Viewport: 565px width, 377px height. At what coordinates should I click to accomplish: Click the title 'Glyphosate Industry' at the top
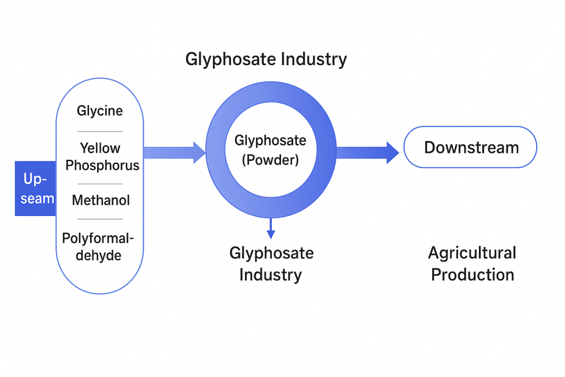click(x=266, y=59)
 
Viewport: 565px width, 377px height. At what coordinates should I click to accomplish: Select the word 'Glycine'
click(x=100, y=111)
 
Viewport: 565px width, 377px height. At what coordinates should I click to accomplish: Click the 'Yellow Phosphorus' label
click(x=102, y=156)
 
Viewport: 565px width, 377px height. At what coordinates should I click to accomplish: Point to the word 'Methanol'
click(x=101, y=200)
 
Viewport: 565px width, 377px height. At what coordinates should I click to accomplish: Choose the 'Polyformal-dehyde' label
click(x=99, y=247)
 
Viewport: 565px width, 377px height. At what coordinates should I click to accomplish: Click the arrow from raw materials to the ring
click(x=174, y=152)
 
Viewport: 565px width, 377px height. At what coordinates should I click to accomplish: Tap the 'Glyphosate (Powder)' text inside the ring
click(x=270, y=150)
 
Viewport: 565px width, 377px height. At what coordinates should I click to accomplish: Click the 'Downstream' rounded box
click(x=470, y=147)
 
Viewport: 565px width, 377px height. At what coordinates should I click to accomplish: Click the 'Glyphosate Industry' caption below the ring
click(x=271, y=263)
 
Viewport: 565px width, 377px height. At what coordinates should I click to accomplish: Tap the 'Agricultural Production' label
click(x=472, y=263)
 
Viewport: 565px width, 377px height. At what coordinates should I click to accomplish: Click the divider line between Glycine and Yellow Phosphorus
click(x=100, y=131)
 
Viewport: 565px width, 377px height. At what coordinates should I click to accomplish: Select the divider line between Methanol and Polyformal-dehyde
click(x=100, y=219)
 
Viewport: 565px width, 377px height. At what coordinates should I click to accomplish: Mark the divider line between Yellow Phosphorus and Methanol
click(x=100, y=184)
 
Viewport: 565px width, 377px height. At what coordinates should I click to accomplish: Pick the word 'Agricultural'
click(x=472, y=253)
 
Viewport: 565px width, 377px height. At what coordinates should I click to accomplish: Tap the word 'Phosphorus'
click(x=102, y=165)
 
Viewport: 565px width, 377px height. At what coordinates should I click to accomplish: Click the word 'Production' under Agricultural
click(x=472, y=274)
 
